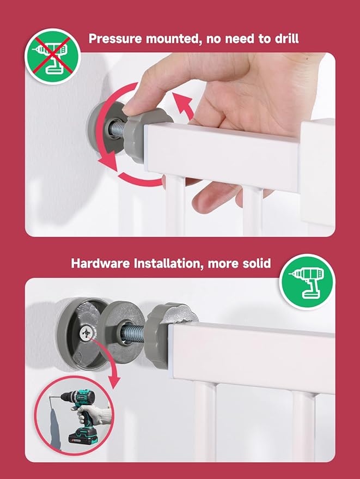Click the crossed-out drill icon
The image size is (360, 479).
tap(52, 57)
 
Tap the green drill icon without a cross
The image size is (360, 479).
tap(307, 282)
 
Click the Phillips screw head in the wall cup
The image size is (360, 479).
tap(87, 332)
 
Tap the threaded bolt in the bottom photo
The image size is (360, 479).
tap(134, 333)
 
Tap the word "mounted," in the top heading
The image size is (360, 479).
tap(173, 39)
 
